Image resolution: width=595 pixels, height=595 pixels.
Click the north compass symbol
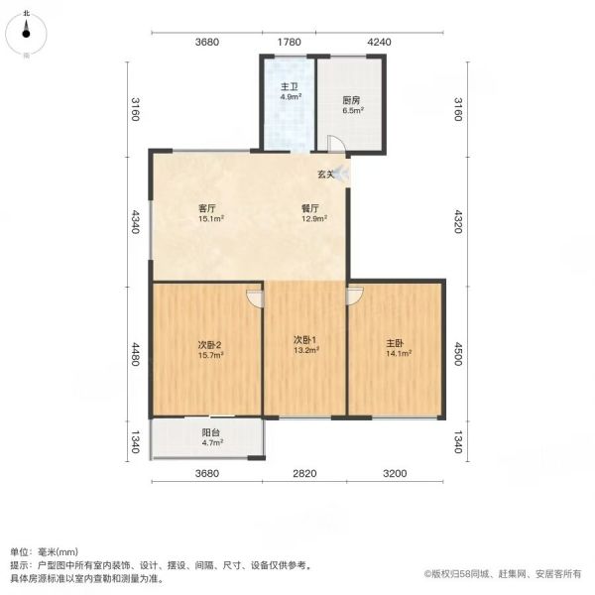26,34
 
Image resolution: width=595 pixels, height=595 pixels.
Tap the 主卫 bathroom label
290,87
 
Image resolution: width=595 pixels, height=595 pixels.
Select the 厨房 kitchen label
351,100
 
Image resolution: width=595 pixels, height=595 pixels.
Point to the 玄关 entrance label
326,175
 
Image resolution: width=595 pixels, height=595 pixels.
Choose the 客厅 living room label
207,208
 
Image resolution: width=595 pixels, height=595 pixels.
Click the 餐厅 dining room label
310,208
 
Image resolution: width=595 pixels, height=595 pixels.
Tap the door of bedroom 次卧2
255,298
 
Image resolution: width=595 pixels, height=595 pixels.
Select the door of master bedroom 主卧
355,296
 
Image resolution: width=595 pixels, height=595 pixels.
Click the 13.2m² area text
306,350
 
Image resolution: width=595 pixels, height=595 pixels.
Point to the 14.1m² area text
399,353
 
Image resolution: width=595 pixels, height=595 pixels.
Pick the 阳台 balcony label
210,432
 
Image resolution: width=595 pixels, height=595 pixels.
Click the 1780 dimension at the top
290,42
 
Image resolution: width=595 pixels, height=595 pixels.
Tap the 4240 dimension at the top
380,42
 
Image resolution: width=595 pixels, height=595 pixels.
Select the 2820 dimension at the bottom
304,473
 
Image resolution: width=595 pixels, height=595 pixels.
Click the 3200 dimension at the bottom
395,473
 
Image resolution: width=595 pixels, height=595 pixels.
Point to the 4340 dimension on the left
136,221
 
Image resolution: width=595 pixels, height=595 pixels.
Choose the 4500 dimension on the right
458,354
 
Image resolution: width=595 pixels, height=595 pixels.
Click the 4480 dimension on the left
136,354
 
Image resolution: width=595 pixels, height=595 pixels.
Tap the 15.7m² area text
210,355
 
